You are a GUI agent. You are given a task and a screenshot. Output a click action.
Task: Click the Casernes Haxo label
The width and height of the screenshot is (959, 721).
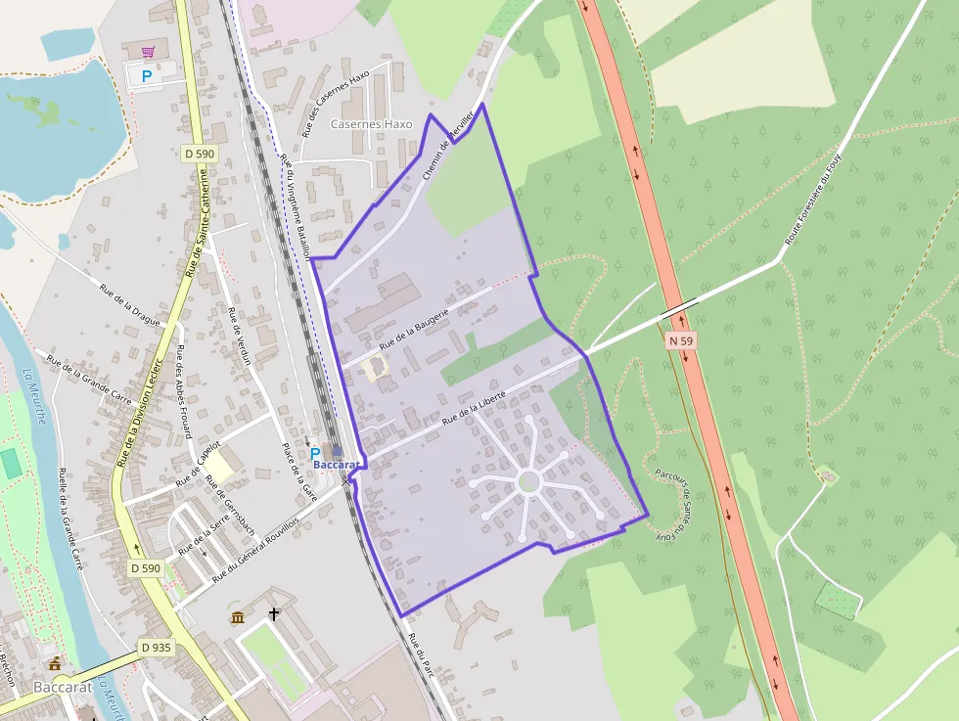point(371,124)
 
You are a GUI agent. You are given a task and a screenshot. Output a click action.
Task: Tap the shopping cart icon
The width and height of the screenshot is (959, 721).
point(148,52)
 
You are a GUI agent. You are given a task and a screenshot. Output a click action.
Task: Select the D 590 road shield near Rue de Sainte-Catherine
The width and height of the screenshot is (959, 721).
point(199,154)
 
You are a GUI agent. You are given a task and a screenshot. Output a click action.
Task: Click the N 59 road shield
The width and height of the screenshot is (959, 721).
point(681,340)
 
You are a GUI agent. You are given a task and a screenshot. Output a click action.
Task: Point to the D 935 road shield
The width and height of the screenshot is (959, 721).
point(155,647)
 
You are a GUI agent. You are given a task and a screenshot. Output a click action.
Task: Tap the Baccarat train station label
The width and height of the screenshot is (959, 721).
point(338,463)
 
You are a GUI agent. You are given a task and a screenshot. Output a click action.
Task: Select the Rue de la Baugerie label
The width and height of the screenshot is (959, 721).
point(414,328)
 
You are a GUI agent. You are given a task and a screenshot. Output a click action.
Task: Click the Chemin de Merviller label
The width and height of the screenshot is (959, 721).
point(448,144)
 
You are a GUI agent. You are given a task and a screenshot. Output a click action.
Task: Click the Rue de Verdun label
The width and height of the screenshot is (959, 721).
point(240,336)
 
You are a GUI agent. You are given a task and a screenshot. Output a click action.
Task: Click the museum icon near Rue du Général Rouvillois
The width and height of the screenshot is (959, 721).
point(238,616)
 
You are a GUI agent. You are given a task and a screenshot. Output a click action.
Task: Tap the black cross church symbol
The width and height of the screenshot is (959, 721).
point(274,615)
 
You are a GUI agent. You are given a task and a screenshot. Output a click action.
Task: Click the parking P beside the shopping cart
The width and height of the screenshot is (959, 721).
point(147,75)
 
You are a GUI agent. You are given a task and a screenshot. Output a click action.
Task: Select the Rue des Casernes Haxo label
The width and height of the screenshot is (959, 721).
point(335,102)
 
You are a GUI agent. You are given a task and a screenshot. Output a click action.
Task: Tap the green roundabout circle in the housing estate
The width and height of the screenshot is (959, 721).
point(528,481)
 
